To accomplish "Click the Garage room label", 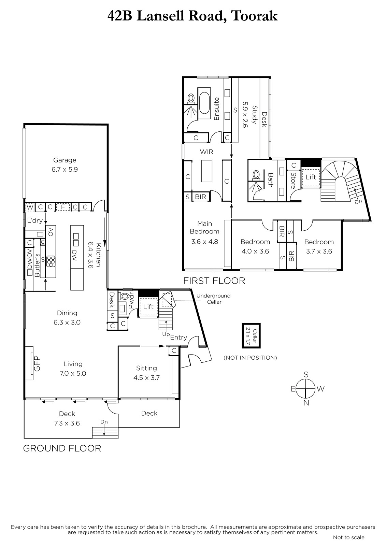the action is tap(65, 160).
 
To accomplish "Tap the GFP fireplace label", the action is tap(37, 363).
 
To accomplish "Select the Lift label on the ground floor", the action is tap(148, 307).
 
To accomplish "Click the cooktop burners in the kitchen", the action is tap(51, 261).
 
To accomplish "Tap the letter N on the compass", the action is tap(306, 403).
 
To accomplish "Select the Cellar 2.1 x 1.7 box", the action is tap(251, 336).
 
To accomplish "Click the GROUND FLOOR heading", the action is tap(62, 448).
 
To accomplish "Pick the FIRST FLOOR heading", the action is tap(214, 281).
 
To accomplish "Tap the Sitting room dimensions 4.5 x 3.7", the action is tap(146, 377).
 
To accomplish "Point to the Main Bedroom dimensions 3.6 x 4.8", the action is tap(204, 242).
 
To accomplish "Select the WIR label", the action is tap(206, 152).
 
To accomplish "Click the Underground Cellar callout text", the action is tap(213, 299).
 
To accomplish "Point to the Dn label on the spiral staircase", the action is tap(358, 202).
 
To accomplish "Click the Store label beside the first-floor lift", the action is tap(293, 181).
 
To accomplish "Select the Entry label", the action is tap(178, 337).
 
